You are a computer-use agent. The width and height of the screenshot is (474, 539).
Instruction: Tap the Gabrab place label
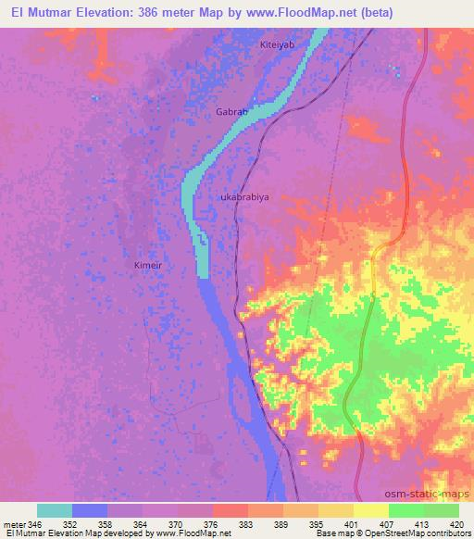(x=231, y=111)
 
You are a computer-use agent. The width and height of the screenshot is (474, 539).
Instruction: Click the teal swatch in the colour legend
(x=55, y=510)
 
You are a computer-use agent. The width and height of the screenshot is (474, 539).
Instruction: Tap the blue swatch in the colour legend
(x=90, y=510)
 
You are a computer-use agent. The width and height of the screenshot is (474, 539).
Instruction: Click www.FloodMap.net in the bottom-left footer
(x=185, y=534)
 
